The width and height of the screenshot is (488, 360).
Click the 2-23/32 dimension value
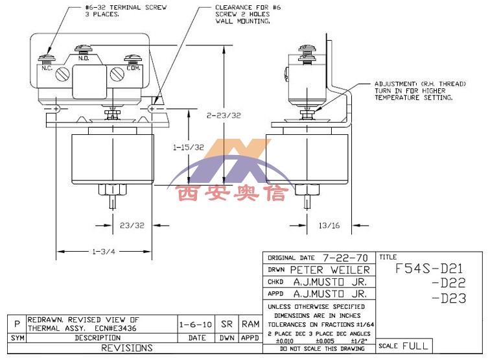point(223,115)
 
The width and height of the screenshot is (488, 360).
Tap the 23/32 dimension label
point(132,226)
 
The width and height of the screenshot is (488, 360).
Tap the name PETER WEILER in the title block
point(329,270)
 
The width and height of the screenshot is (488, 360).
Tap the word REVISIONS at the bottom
point(126,348)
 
